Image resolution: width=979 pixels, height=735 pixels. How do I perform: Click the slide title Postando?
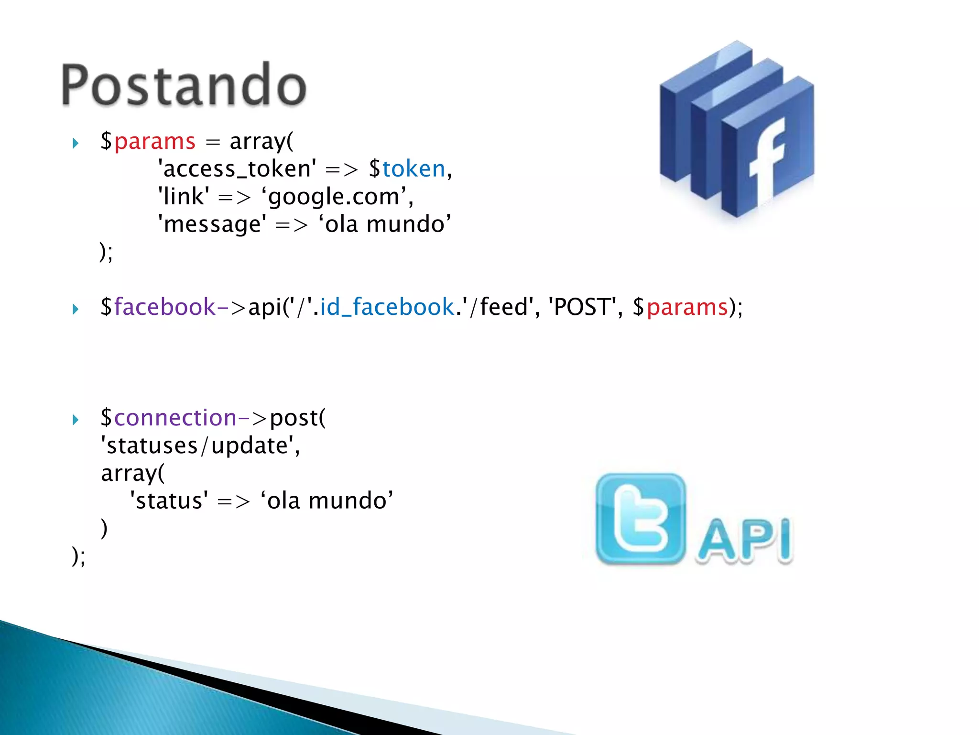point(184,85)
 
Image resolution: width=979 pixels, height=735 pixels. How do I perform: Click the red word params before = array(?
point(154,142)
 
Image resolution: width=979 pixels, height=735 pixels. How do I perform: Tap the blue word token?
point(413,169)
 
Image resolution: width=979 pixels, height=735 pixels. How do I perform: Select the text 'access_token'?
point(237,169)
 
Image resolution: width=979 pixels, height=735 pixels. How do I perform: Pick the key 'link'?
point(184,197)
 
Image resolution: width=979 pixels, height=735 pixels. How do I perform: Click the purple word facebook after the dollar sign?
point(165,307)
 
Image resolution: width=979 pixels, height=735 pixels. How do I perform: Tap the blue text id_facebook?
point(387,307)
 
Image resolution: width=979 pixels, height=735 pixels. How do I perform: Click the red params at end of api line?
point(686,307)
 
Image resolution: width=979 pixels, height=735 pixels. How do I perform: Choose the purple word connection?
point(175,418)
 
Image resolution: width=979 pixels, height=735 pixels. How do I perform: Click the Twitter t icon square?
point(640,519)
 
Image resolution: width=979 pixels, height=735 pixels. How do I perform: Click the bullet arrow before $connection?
point(76,420)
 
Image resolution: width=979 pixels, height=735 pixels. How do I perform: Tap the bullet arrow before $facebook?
point(76,309)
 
